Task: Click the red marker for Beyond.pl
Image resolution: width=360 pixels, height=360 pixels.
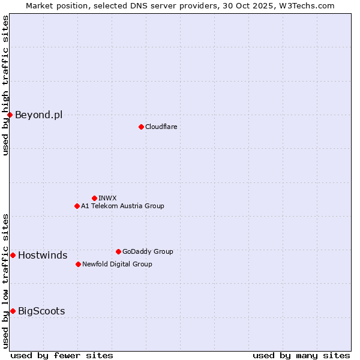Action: [10, 115]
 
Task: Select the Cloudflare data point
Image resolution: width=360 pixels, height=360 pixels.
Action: [141, 127]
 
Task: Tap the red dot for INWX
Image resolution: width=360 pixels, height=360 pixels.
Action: [94, 198]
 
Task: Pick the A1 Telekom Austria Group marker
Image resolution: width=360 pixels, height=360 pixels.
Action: [77, 206]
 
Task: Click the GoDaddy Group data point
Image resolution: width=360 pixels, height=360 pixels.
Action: [118, 251]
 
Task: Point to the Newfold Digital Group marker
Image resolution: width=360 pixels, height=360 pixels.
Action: [78, 264]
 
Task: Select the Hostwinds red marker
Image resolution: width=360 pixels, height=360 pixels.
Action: [13, 255]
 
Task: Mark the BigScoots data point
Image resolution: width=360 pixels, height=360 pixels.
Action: [13, 311]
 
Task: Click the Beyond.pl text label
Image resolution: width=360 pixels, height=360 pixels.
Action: [38, 115]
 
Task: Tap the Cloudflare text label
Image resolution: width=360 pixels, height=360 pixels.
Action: [161, 127]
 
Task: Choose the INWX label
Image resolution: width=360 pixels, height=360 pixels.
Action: [107, 198]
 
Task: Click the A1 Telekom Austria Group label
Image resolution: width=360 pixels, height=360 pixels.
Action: [122, 206]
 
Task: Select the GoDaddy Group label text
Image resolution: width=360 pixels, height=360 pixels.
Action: [148, 251]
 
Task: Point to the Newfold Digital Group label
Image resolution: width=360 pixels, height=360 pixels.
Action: [117, 264]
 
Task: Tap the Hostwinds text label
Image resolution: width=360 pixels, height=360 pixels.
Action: [43, 255]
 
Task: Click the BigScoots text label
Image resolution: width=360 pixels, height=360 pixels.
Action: [41, 311]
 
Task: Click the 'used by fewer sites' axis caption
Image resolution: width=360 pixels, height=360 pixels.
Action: [62, 355]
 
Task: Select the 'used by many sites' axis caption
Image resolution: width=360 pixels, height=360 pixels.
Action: [301, 355]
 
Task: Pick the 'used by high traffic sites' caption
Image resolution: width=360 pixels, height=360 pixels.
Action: [5, 85]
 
